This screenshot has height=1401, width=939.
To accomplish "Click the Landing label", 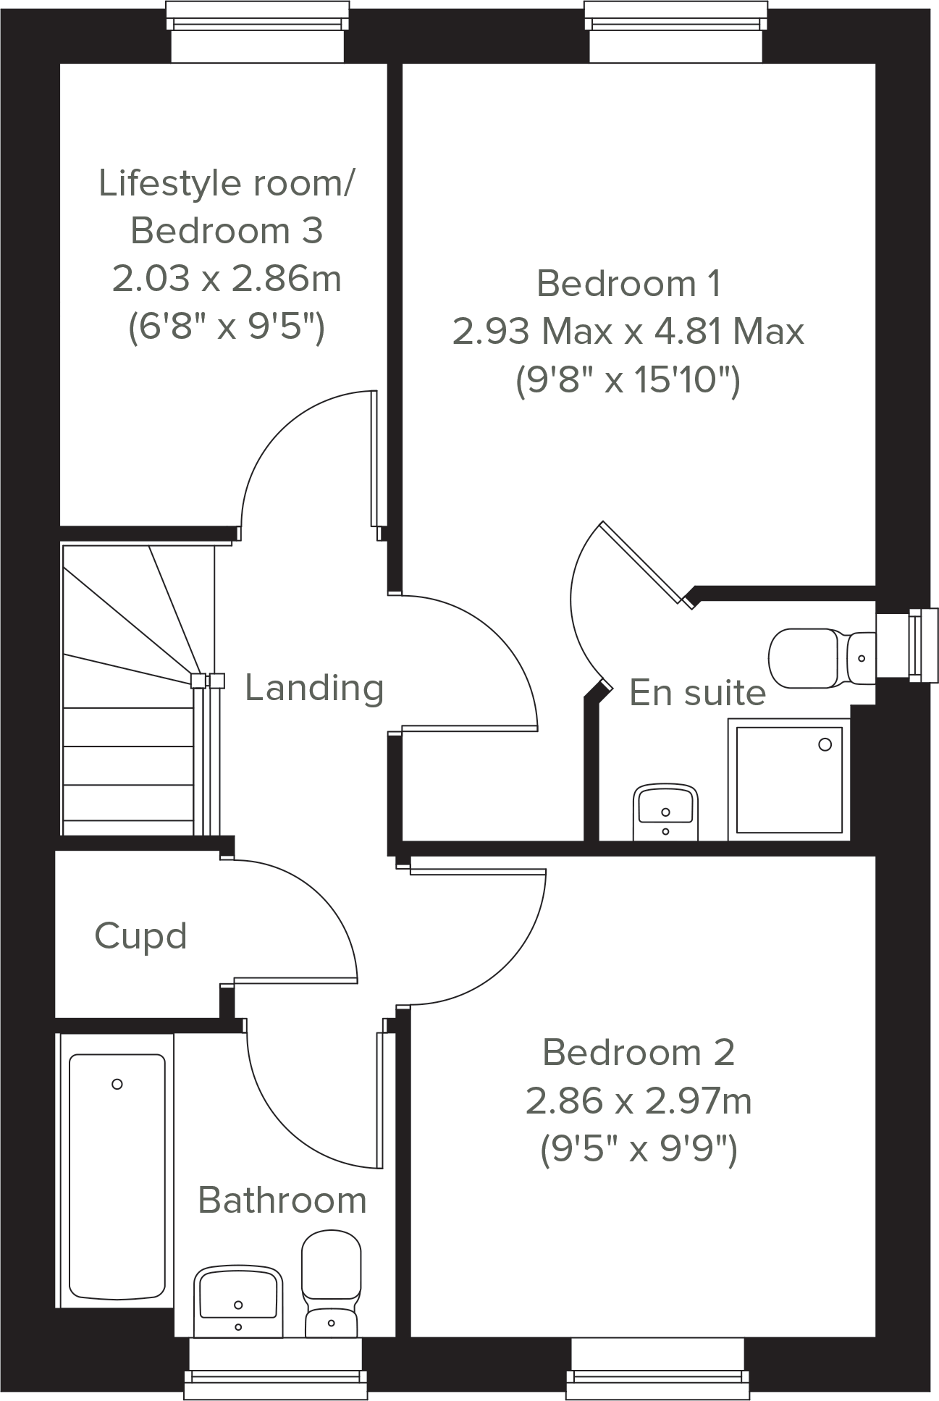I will point(313,688).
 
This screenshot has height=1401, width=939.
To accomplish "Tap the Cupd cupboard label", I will point(140,936).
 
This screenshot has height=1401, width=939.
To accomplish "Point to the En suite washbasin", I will point(665,812).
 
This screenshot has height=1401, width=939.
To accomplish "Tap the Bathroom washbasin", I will point(238,1300).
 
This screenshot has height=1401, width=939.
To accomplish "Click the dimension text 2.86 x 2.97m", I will point(638,1101).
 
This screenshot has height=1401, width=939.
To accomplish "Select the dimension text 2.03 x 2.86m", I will point(226,279).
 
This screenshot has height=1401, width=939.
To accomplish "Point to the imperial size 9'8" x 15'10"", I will point(628,380).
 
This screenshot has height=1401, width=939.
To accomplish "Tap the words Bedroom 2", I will point(638,1053).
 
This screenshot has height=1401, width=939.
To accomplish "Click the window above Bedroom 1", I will point(675,33).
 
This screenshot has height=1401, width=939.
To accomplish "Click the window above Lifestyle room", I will point(256,33).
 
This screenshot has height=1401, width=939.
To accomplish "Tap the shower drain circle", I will point(825,744).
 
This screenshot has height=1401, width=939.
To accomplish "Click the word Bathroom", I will point(282,1200).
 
